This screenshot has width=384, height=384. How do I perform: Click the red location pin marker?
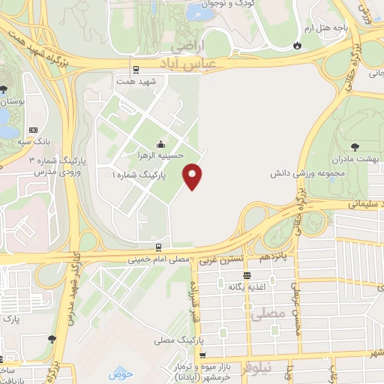[x=193, y=176]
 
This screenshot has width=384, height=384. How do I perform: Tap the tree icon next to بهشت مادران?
[x=354, y=147]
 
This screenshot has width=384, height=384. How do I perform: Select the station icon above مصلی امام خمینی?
[x=158, y=247]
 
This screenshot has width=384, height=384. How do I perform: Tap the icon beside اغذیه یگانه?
[x=222, y=284]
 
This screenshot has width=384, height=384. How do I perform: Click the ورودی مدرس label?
[x=37, y=172]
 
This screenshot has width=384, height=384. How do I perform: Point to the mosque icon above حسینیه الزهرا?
[x=160, y=143]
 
